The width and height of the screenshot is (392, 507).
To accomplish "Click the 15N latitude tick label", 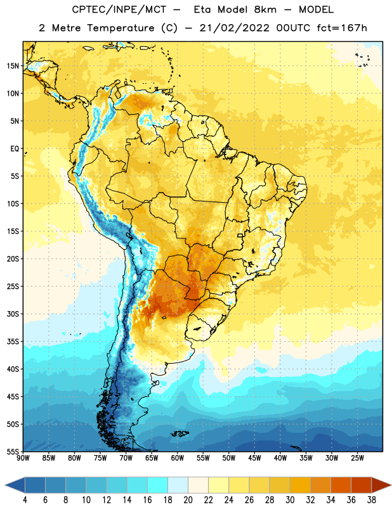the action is [13, 66].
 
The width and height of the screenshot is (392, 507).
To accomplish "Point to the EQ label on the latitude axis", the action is [15, 149].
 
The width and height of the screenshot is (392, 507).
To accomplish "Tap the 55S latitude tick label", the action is [13, 452].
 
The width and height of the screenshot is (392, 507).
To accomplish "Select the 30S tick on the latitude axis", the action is [13, 314].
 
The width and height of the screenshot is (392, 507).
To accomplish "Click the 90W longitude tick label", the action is [23, 458].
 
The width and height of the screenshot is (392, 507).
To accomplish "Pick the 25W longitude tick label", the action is [357, 458].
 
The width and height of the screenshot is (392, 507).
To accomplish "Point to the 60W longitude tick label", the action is [178, 458].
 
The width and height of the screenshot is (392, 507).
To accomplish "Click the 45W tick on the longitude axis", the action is [254, 458].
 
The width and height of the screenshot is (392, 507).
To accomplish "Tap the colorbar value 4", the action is [25, 500].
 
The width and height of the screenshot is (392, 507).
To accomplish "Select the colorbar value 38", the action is [372, 500].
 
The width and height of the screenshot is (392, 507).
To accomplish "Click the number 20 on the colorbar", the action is [188, 500].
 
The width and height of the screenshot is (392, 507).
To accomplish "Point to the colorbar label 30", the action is [290, 500].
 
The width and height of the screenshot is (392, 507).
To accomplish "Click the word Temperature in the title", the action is [121, 28].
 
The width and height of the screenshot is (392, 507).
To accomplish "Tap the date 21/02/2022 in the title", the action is [234, 28].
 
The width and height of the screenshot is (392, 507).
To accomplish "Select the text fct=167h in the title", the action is [342, 28].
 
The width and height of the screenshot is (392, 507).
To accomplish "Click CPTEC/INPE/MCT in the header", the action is [119, 10].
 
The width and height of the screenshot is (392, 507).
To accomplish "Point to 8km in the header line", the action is [265, 10].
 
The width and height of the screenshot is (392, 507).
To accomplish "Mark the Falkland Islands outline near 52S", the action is [180, 433].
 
